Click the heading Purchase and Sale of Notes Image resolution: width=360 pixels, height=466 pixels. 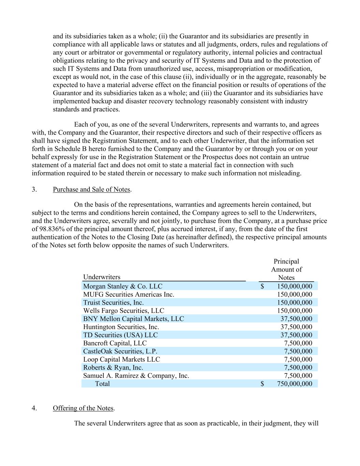(x=91, y=189)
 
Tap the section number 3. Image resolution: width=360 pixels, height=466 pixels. (x=34, y=189)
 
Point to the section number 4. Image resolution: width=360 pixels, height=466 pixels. (x=34, y=408)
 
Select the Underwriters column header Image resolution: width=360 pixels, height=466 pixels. (x=102, y=277)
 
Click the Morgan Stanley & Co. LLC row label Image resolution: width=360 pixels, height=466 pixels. (x=123, y=286)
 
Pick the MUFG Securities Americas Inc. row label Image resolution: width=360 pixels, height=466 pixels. (x=129, y=294)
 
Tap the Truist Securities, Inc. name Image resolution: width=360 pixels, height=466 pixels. (x=113, y=302)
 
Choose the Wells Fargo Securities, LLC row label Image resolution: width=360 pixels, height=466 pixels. (x=124, y=311)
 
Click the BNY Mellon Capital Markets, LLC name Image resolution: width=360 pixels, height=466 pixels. (x=133, y=319)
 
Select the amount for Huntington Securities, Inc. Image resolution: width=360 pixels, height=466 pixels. (x=296, y=327)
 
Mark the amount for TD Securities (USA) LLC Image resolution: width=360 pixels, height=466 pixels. (x=296, y=335)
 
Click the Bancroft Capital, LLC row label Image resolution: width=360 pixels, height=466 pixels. (x=115, y=343)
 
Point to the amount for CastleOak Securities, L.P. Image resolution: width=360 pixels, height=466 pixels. (x=298, y=351)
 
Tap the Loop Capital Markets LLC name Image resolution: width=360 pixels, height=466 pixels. (x=121, y=359)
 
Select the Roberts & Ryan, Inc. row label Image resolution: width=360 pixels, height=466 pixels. (x=113, y=368)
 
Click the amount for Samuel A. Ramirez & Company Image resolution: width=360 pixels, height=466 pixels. (x=298, y=376)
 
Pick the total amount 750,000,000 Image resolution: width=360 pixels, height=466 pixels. (x=294, y=384)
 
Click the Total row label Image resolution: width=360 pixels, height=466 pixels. (x=102, y=384)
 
